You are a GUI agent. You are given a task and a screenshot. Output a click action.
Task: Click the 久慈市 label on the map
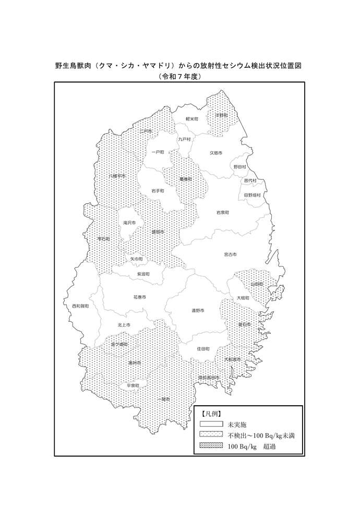pos(216,153)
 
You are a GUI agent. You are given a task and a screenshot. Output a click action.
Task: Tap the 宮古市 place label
pos(230,254)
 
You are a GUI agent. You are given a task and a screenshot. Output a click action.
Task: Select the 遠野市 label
pos(197,310)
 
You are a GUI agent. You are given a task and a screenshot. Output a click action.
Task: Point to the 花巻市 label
pos(139,297)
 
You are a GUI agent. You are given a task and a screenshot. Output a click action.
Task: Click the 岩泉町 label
pos(223,213)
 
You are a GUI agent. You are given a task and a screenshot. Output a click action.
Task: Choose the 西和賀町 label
pos(80,306)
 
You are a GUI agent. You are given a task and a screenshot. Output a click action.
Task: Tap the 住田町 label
pos(203,348)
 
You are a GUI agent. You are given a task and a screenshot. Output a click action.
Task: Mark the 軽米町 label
pos(193,119)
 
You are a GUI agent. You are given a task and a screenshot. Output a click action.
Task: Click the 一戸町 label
pos(158,152)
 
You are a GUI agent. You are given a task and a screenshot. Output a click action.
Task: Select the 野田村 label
pos(239,166)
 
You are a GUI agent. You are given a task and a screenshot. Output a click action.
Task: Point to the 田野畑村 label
pos(252,195)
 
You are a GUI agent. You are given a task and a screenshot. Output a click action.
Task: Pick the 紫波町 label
pos(143,273)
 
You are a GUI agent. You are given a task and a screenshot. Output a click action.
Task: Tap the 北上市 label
pos(124,325)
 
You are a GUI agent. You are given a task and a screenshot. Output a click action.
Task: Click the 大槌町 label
pos(243,298)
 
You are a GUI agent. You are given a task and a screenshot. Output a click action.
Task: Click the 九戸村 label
pos(184,139)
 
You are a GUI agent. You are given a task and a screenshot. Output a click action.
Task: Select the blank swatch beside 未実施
pos(211,424)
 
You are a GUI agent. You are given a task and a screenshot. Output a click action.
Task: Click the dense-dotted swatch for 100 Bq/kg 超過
pos(211,446)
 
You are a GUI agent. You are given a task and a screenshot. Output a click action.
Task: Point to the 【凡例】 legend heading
pos(211,414)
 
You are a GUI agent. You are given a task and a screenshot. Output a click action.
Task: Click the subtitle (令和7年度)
pos(179,76)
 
